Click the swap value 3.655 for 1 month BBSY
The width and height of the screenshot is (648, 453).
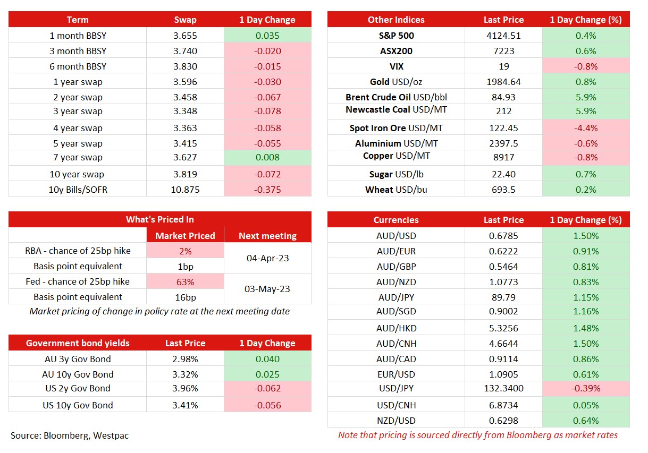click(185, 36)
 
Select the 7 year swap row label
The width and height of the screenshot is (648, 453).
click(78, 157)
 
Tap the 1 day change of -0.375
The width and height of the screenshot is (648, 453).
click(267, 190)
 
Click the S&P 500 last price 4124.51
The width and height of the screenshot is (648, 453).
click(503, 36)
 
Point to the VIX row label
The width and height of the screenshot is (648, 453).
click(396, 66)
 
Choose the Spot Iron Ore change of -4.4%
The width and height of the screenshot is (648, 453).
click(586, 128)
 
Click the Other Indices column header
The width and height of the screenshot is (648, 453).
click(396, 20)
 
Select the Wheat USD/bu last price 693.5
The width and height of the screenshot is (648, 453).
click(503, 190)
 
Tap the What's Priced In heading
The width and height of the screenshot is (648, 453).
click(159, 219)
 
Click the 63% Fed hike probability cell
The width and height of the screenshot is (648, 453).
click(185, 282)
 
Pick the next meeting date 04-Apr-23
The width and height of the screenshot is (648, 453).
click(267, 258)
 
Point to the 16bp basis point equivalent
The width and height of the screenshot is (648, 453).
click(186, 297)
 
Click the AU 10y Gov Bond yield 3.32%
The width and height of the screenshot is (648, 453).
click(185, 374)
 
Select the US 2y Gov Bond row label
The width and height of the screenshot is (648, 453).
click(78, 388)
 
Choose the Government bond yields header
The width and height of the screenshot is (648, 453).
click(78, 343)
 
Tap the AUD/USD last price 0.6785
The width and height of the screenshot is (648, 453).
click(503, 236)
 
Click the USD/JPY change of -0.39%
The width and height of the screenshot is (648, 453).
click(586, 388)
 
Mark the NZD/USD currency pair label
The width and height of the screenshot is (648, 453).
click(396, 421)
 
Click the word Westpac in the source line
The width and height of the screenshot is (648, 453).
click(111, 435)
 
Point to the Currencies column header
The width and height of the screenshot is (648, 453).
click(396, 220)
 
